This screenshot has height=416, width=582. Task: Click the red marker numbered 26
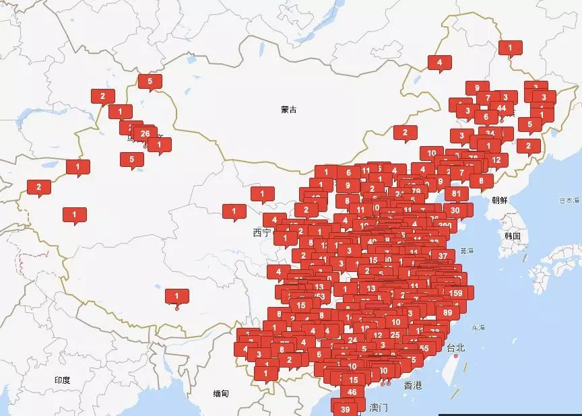click(145, 134)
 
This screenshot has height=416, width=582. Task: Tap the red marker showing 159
click(456, 293)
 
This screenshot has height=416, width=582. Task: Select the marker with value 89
click(448, 312)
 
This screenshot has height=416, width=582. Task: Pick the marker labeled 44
click(501, 108)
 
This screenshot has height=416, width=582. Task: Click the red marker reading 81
click(456, 193)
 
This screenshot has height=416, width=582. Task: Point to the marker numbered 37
click(443, 255)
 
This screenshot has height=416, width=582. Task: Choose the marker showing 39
click(346, 409)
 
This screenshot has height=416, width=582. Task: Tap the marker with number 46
click(352, 392)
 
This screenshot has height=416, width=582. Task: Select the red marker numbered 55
click(424, 348)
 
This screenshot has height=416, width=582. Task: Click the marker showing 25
click(395, 335)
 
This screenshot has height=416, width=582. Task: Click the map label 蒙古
click(289, 110)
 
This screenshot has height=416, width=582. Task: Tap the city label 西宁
click(261, 232)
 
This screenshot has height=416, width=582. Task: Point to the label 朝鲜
click(500, 200)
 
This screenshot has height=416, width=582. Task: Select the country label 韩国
click(513, 236)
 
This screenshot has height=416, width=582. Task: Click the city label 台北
click(456, 347)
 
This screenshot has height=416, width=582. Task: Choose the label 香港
click(413, 386)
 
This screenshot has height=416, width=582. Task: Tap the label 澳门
click(379, 407)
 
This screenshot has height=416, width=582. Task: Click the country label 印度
click(62, 380)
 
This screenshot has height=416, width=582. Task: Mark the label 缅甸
click(221, 394)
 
